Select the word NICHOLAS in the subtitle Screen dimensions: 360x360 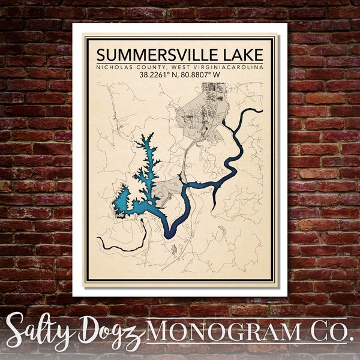[114, 67]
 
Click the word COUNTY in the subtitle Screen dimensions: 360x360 [149, 67]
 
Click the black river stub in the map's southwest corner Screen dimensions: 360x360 [114, 246]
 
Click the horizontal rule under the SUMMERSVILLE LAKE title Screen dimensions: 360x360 [180, 62]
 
